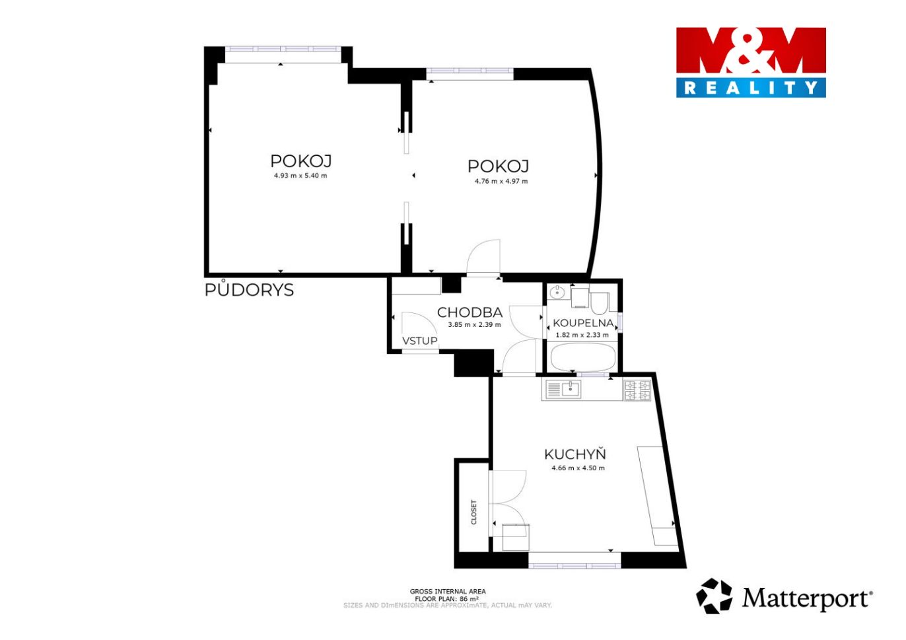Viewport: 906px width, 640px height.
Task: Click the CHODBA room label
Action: pyautogui.click(x=470, y=312)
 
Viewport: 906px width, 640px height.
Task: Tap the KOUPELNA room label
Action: pyautogui.click(x=583, y=323)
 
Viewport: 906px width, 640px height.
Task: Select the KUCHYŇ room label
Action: pyautogui.click(x=575, y=454)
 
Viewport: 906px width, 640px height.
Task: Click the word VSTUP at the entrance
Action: pyautogui.click(x=420, y=341)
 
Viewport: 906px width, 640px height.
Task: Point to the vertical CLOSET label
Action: pyautogui.click(x=473, y=512)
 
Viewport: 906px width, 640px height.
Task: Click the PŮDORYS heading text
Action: pyautogui.click(x=249, y=289)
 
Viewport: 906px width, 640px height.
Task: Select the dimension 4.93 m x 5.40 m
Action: pyautogui.click(x=300, y=176)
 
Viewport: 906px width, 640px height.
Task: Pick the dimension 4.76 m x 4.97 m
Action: pyautogui.click(x=501, y=181)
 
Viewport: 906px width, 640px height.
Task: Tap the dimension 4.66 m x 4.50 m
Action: pyautogui.click(x=578, y=468)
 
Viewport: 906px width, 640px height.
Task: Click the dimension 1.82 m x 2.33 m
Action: pyautogui.click(x=582, y=335)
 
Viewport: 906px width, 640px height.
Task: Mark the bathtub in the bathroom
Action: pyautogui.click(x=583, y=357)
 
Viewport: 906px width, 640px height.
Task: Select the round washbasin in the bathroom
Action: pyautogui.click(x=557, y=291)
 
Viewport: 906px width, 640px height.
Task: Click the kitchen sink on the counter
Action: pyautogui.click(x=563, y=390)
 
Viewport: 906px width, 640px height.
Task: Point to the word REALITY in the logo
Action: pyautogui.click(x=751, y=88)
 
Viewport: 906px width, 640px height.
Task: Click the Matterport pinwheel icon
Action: pyautogui.click(x=713, y=596)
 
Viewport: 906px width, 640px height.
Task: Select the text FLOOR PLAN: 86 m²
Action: pyautogui.click(x=447, y=598)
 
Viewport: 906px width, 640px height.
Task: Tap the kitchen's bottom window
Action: pyautogui.click(x=575, y=565)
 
